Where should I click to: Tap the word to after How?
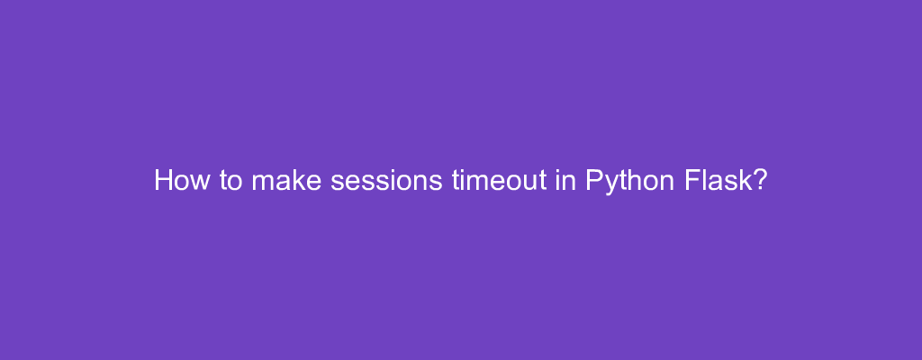230,181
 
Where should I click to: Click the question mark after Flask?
760,181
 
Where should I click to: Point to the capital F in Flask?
694,181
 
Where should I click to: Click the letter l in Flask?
707,181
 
